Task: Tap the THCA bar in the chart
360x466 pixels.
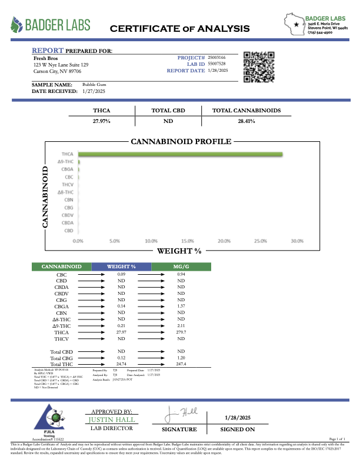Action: click(x=180, y=154)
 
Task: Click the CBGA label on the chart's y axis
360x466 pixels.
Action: click(x=67, y=169)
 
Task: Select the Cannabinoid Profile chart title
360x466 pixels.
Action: click(x=180, y=142)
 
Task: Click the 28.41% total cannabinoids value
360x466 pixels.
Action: click(x=246, y=121)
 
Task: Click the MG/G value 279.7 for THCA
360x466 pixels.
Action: click(x=181, y=332)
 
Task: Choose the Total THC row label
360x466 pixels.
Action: click(x=62, y=364)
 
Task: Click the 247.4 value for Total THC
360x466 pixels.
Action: click(x=181, y=364)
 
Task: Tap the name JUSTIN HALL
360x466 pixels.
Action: click(x=111, y=420)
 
